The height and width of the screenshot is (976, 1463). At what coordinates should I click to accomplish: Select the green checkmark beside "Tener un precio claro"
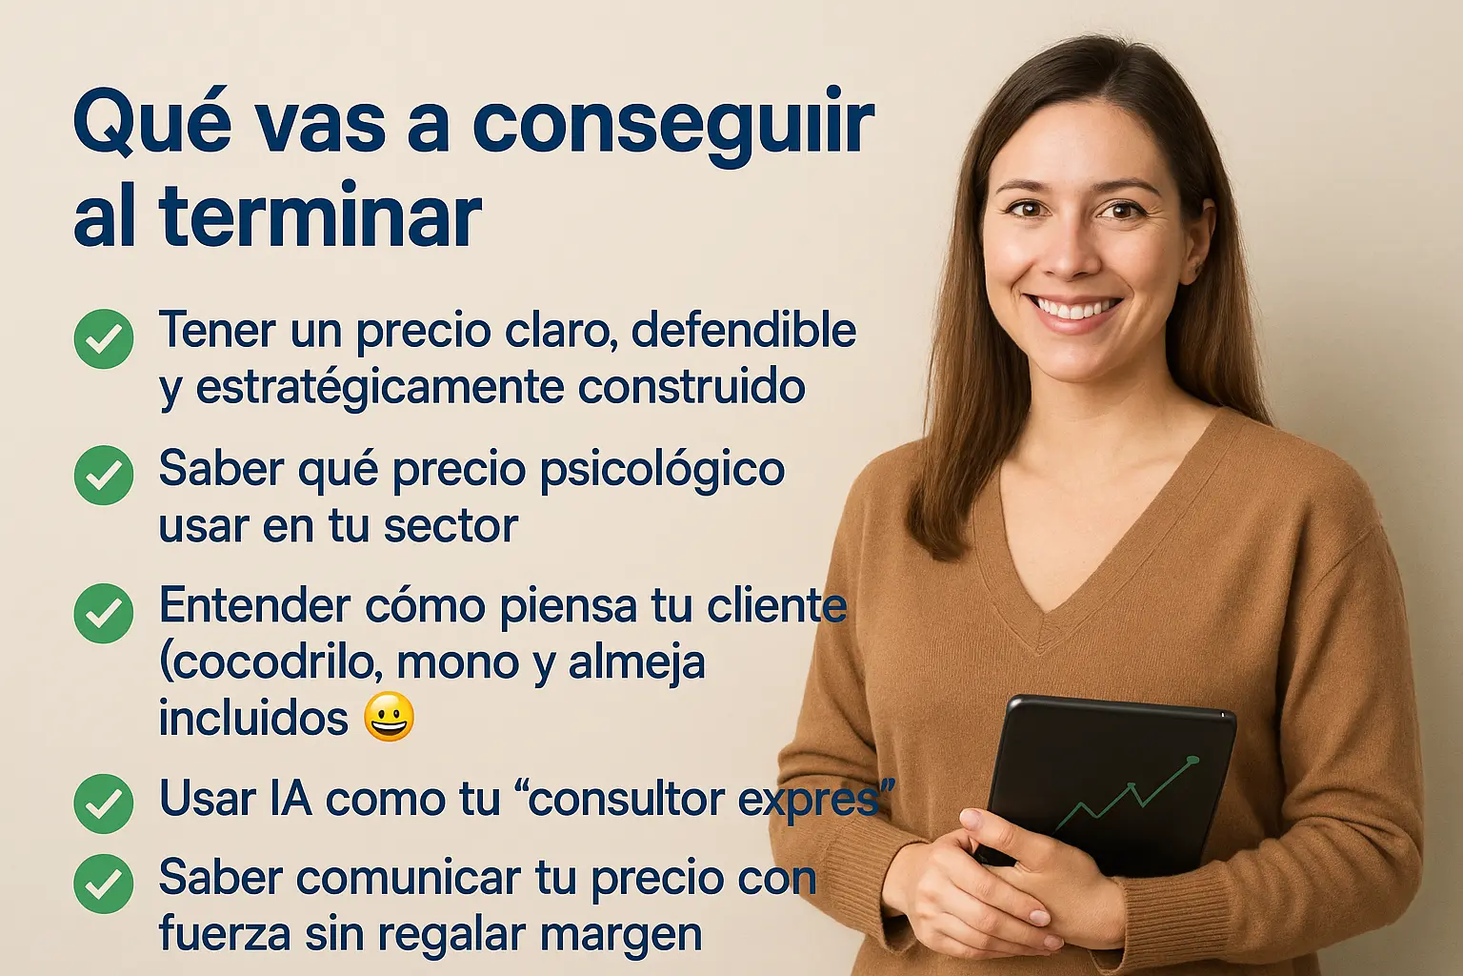[x=104, y=338]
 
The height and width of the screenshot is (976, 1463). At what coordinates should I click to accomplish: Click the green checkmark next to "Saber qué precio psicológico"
[x=104, y=476]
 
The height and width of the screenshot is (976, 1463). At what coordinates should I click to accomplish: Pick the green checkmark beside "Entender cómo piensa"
[x=104, y=613]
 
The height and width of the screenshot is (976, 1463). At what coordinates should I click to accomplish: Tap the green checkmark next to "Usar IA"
[x=104, y=803]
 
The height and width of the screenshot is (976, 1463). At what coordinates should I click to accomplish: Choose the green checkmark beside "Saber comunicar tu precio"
[x=104, y=884]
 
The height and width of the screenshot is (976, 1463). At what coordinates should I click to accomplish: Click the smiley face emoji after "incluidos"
[x=389, y=716]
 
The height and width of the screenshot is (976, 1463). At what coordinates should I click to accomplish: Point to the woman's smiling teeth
[x=1073, y=308]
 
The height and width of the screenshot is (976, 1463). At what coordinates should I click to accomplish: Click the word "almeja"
[x=637, y=664]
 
